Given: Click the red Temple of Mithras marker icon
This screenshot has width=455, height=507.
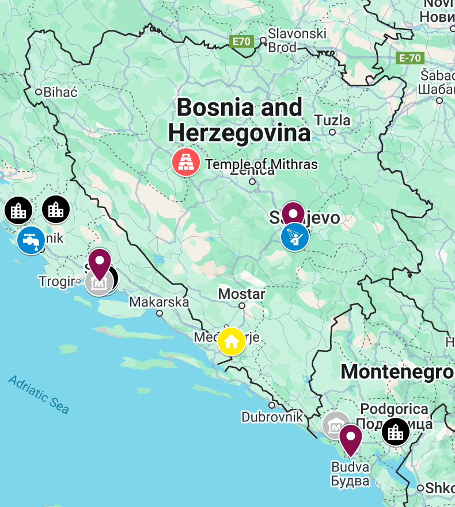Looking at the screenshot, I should (185, 162).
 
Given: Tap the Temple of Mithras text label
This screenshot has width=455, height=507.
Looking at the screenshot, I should (261, 164).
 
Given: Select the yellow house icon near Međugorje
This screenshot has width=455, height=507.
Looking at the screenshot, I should (232, 341).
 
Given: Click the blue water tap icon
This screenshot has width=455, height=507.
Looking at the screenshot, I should (31, 240).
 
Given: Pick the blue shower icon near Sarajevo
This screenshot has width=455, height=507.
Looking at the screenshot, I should (295, 236).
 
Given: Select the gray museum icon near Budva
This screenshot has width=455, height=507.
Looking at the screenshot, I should (335, 425).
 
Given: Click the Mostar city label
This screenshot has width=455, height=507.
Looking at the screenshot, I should (241, 294).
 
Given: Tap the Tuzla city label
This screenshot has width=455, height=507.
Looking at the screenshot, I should (332, 120).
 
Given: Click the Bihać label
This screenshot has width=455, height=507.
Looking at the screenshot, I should (56, 91).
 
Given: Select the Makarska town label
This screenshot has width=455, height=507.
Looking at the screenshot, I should (159, 302).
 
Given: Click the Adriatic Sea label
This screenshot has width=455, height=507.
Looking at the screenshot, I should (39, 394).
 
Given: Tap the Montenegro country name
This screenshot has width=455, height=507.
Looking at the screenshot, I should (397, 372).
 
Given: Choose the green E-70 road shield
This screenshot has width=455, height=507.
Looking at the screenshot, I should (410, 58).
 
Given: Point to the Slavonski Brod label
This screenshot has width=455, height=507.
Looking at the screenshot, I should (297, 40).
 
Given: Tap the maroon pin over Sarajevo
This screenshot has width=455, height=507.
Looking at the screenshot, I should (293, 213).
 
